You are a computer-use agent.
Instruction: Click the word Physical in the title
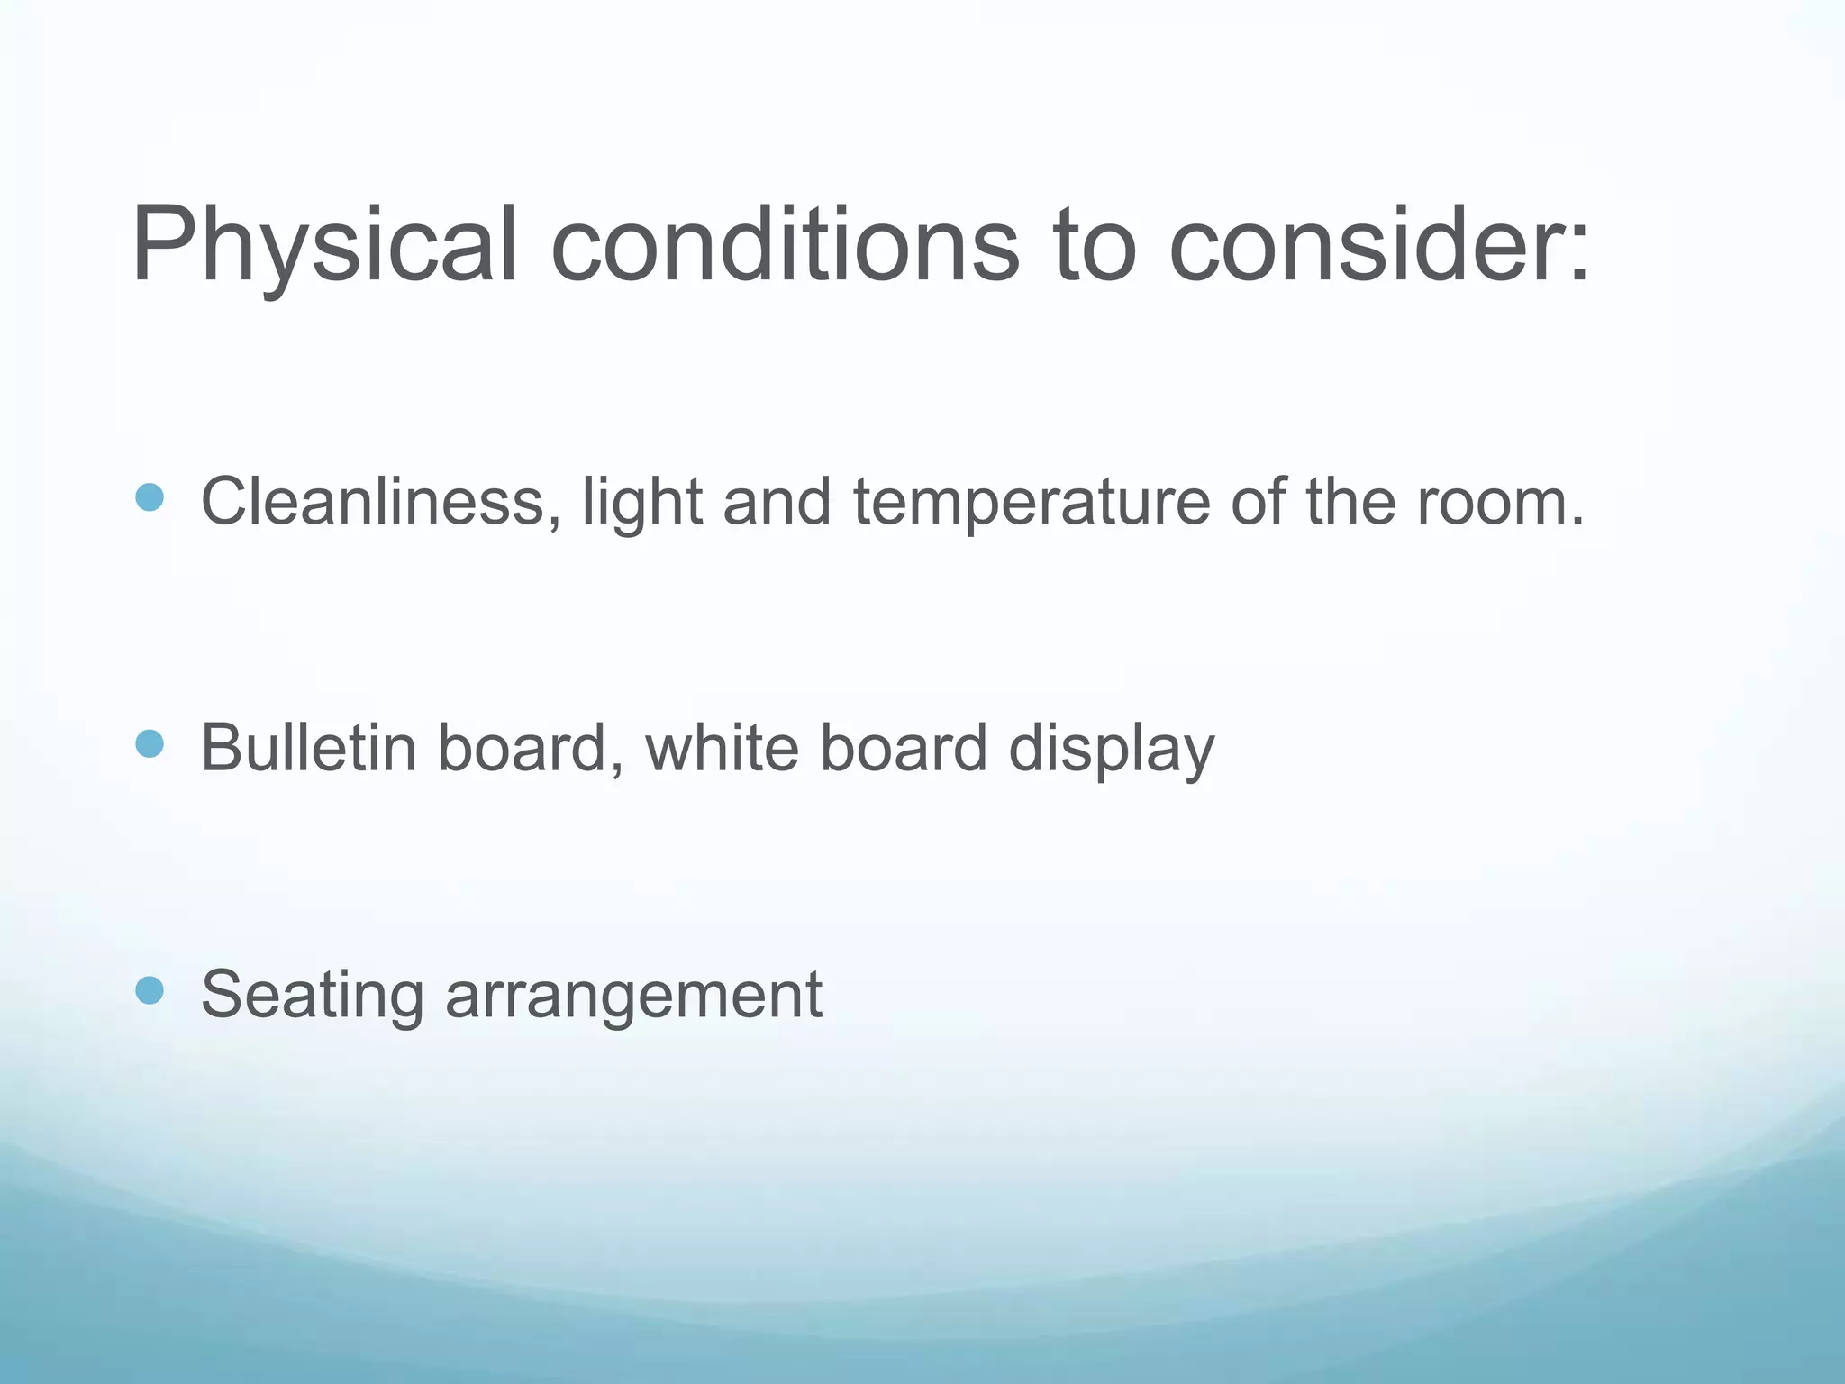point(324,245)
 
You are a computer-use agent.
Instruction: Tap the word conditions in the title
point(784,245)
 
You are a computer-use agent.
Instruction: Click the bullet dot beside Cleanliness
point(150,497)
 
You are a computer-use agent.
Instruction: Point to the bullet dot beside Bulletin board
point(150,744)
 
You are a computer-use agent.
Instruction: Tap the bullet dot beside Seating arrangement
point(150,991)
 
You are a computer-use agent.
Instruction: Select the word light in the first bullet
point(641,503)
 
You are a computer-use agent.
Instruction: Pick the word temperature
point(1032,503)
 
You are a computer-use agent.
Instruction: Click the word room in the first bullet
point(1491,503)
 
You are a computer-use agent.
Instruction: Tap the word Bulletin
point(308,748)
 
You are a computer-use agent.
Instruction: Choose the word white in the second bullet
point(722,748)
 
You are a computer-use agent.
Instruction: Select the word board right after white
point(904,748)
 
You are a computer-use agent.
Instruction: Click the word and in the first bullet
point(777,501)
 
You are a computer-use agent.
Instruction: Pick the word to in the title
point(1095,245)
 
